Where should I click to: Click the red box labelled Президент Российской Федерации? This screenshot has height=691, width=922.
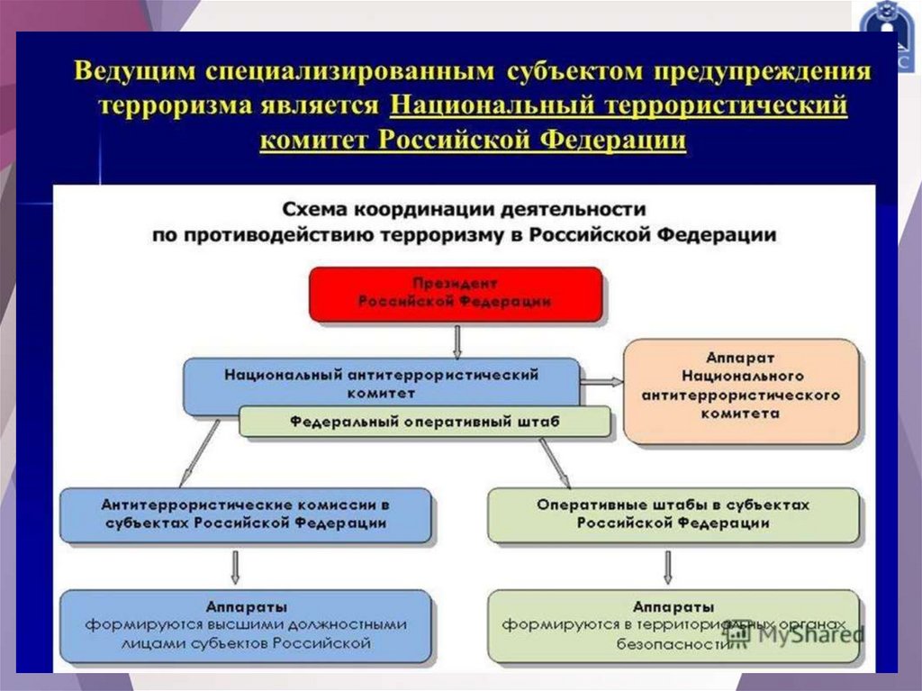click(x=455, y=294)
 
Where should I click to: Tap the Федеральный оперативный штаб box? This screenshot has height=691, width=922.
click(x=425, y=422)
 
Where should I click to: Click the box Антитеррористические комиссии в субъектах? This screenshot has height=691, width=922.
click(x=245, y=514)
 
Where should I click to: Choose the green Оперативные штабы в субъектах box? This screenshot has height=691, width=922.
click(x=673, y=514)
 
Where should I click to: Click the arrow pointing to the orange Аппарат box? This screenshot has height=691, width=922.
click(x=601, y=381)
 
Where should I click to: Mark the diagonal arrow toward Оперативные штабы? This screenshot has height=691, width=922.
click(x=556, y=459)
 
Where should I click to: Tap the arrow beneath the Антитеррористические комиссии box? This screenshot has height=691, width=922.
click(x=236, y=566)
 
